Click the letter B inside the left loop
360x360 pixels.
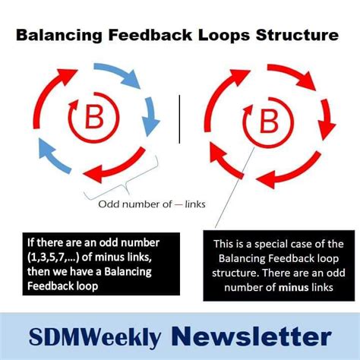[x=94, y=119]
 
